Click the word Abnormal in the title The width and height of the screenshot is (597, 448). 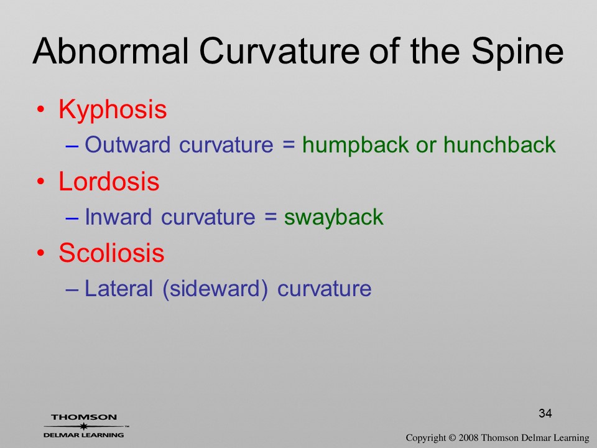point(111,51)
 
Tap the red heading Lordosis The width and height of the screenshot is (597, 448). point(109,181)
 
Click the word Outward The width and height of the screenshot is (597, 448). point(127,145)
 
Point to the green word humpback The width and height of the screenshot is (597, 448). point(356,146)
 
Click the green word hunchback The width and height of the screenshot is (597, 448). point(499,145)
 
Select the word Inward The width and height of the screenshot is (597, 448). point(118,217)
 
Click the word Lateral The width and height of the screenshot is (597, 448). point(118,288)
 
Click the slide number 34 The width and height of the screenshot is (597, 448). point(545,413)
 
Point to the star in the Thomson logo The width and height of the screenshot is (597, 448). point(83,426)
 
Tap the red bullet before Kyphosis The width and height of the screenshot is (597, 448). point(41,110)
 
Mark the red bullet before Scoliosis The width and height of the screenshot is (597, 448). point(41,253)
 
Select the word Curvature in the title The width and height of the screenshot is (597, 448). point(279,51)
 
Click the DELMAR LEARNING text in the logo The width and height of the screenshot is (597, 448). point(84,435)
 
